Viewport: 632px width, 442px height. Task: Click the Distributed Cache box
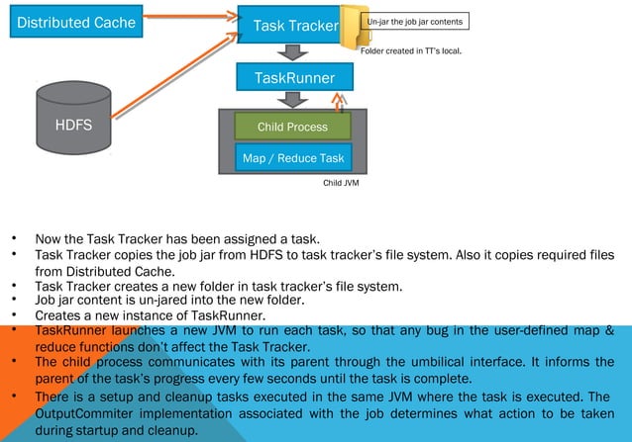pos(73,20)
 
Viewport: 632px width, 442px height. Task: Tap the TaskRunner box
pos(294,77)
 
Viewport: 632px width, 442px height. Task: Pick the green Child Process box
pos(292,127)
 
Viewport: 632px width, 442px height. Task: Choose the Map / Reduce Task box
pos(292,158)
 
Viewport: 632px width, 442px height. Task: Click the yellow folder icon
pos(352,28)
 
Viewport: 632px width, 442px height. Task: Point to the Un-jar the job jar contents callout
pos(417,21)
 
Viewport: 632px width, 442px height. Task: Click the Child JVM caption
pos(341,182)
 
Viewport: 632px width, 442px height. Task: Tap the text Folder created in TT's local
pos(411,49)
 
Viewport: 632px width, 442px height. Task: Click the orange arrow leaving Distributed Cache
pos(188,20)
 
